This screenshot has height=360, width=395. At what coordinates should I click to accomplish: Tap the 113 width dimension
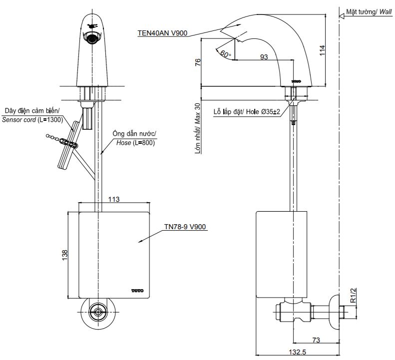[x=114, y=199]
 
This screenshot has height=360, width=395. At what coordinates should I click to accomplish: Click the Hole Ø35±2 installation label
[x=249, y=111]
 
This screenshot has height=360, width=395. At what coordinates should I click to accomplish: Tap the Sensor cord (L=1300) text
[x=31, y=120]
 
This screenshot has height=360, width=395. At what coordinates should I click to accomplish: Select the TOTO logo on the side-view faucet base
[x=297, y=80]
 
